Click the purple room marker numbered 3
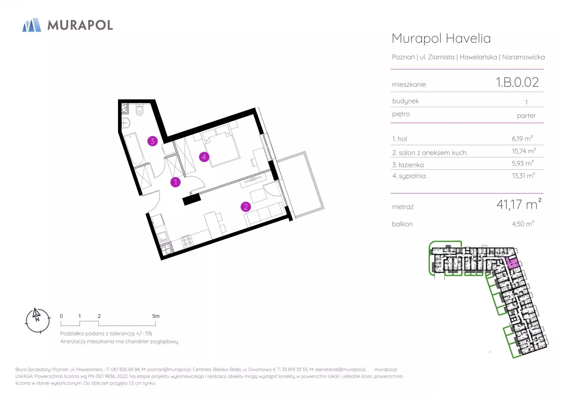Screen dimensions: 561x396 152,141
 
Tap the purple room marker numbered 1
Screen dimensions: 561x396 175,182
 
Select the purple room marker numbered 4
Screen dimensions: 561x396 204,157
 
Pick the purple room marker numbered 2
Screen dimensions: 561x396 245,207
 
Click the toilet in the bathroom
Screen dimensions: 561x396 140,110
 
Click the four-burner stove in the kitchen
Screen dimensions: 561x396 187,241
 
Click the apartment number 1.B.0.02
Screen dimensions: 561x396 517,82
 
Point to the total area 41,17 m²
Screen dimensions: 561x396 519,204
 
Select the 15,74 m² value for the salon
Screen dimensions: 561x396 524,151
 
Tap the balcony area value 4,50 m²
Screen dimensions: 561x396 523,224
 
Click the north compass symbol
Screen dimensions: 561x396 38,320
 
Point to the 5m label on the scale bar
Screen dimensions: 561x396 156,316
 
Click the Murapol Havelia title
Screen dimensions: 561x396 441,39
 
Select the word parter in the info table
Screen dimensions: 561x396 526,116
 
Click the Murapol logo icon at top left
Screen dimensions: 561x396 32,25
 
